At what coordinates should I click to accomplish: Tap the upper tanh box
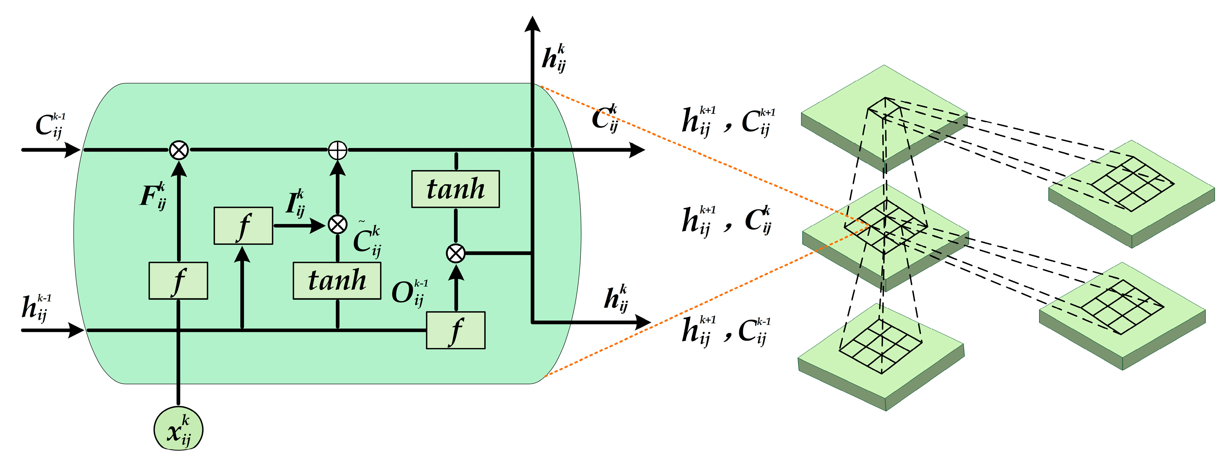point(455,189)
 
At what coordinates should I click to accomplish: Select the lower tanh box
point(337,280)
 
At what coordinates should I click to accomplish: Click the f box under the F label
point(178,281)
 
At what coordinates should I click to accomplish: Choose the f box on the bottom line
point(455,330)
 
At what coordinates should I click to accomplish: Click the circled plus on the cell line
point(338,150)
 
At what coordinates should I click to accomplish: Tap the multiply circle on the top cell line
point(179,150)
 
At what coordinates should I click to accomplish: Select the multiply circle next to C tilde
point(338,224)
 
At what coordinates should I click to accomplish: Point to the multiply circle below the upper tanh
point(455,253)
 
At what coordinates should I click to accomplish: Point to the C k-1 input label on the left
point(50,125)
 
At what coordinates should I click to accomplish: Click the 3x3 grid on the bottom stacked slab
point(880,346)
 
